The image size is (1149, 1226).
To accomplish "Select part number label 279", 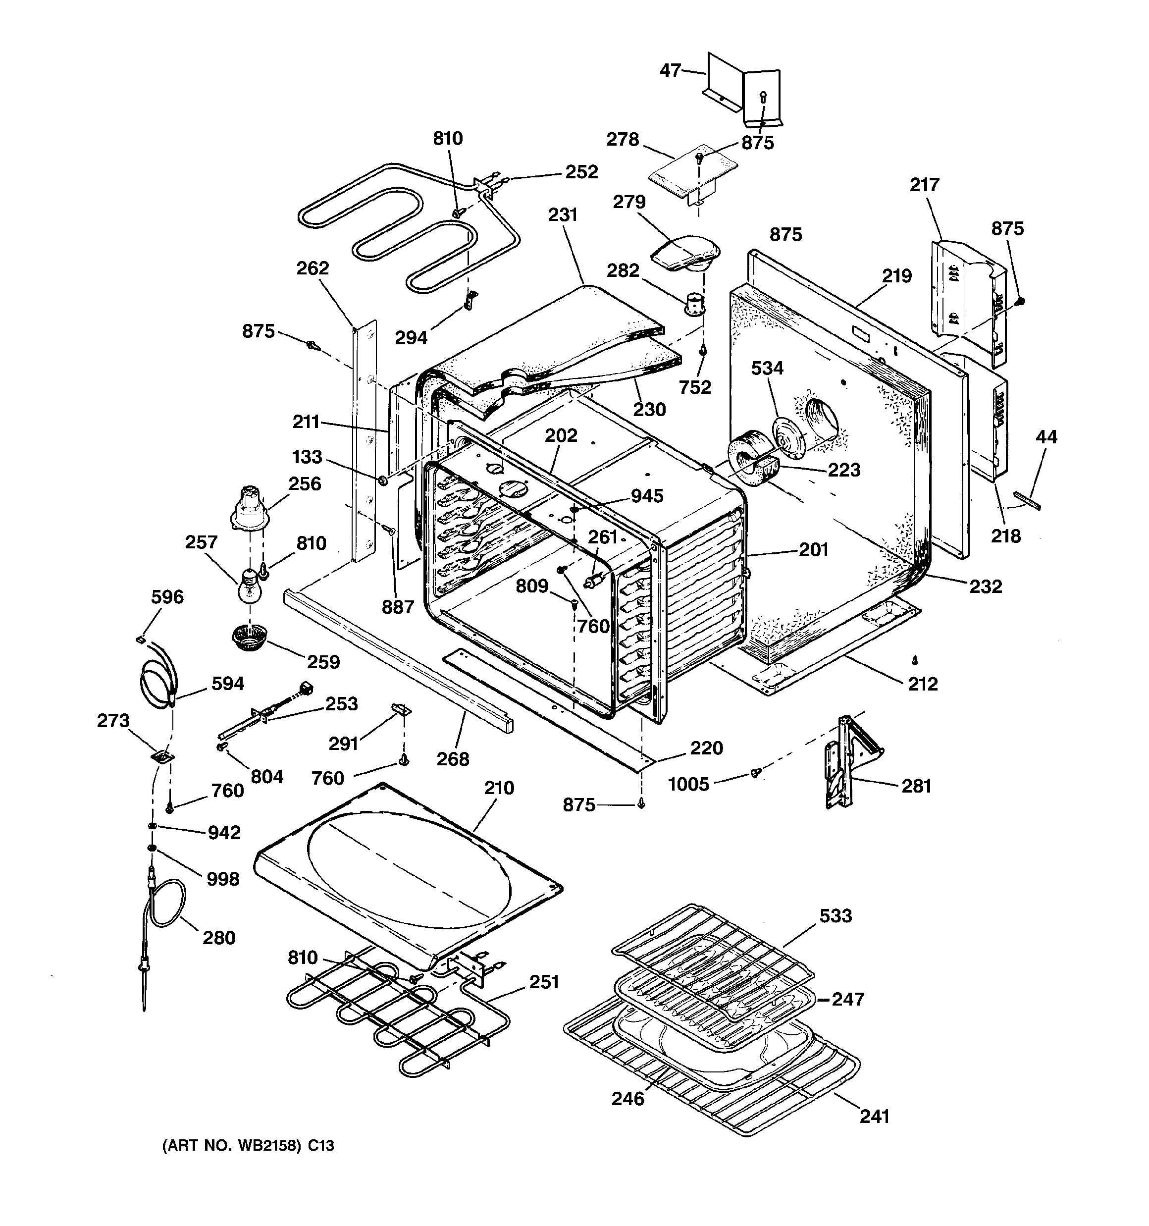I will [629, 202].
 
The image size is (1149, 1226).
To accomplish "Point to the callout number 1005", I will [689, 785].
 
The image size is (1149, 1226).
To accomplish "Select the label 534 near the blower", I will [767, 368].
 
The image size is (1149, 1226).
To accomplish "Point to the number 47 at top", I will [671, 70].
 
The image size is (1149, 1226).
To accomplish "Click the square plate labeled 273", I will [163, 757].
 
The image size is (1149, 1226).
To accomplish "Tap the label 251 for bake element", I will [543, 982].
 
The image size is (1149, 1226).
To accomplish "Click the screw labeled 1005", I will [755, 773].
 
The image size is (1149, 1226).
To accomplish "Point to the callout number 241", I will [874, 1116].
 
